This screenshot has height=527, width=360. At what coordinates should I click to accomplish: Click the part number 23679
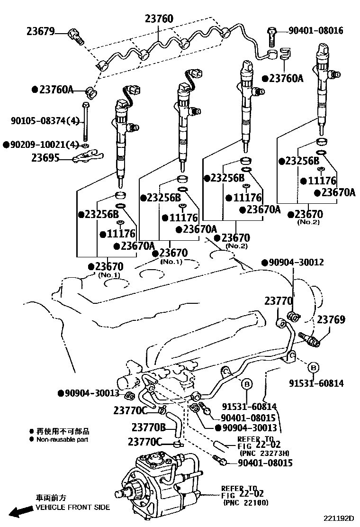(x=40, y=32)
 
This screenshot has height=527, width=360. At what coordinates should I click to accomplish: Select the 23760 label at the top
(x=159, y=19)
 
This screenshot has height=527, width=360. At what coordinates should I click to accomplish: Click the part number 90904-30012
(x=296, y=262)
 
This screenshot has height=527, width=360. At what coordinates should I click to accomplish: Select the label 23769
(x=331, y=320)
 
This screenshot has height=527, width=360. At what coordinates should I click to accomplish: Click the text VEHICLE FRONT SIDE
(x=72, y=507)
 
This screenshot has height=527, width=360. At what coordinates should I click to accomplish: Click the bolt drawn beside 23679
(x=76, y=35)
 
